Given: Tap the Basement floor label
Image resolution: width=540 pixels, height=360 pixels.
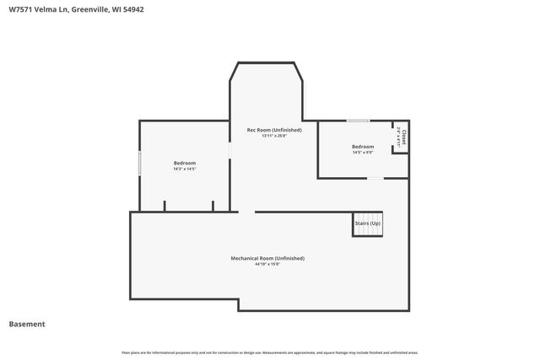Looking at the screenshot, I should pos(27,325).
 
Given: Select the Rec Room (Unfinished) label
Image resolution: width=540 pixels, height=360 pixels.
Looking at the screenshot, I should pos(274,130).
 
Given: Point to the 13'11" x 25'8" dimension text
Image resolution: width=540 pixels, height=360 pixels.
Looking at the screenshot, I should pos(274,136).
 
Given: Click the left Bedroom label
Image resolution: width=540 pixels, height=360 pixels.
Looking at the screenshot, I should pos(185,163).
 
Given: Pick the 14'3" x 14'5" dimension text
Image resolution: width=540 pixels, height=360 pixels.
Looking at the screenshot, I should pos(185,169).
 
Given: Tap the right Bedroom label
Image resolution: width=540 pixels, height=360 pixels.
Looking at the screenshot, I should pos(363,147).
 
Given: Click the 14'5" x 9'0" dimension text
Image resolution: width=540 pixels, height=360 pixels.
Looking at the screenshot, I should pos(363,153).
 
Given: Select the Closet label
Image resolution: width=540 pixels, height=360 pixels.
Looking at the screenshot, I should pos(404,137).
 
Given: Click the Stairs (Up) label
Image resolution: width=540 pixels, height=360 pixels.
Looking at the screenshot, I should pos(368,223).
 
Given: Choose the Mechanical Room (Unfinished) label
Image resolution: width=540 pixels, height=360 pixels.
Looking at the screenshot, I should pos(267,258).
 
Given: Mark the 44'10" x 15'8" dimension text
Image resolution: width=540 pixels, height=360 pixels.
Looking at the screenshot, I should pos(267,264).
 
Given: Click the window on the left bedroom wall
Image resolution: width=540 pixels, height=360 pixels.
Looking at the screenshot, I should pos(139,163).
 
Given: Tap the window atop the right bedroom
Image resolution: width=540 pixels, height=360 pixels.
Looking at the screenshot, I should pos(358,121).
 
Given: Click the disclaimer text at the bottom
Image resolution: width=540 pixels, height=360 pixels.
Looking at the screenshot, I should pos(270,352).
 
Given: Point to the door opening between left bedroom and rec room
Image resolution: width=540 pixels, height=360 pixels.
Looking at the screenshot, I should pos(229,150).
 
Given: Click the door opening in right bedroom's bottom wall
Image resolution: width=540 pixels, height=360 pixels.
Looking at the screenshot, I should pos(375,178).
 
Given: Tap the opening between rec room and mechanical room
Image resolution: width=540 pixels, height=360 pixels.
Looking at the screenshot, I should pos(246,212).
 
